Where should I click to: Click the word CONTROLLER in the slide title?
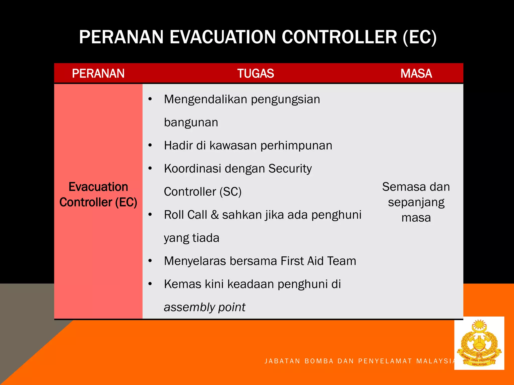tap(339, 37)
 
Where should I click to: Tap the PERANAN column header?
tap(98, 73)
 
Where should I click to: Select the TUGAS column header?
tap(255, 73)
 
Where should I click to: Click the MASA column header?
tap(416, 73)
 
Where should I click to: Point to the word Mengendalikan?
tap(206, 99)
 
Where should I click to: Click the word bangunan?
tap(191, 122)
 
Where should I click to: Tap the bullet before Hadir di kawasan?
tap(150, 145)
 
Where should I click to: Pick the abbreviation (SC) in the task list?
tap(230, 192)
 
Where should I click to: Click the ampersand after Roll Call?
tap(215, 215)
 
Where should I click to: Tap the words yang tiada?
tap(191, 238)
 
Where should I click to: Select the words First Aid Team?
tap(318, 261)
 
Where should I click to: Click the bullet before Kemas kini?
tap(150, 284)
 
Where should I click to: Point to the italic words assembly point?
tap(205, 307)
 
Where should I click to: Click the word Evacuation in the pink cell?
tap(98, 187)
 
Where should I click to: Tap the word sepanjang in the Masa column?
tap(416, 202)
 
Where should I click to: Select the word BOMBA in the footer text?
tap(319, 361)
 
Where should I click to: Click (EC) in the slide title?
tap(420, 37)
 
